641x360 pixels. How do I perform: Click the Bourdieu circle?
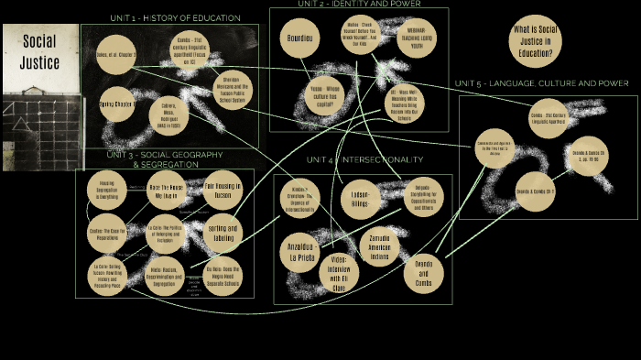pyautogui.click(x=301, y=40)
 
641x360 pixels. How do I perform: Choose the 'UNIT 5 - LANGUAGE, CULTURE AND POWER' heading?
pyautogui.click(x=541, y=83)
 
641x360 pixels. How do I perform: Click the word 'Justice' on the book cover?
pyautogui.click(x=40, y=62)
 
